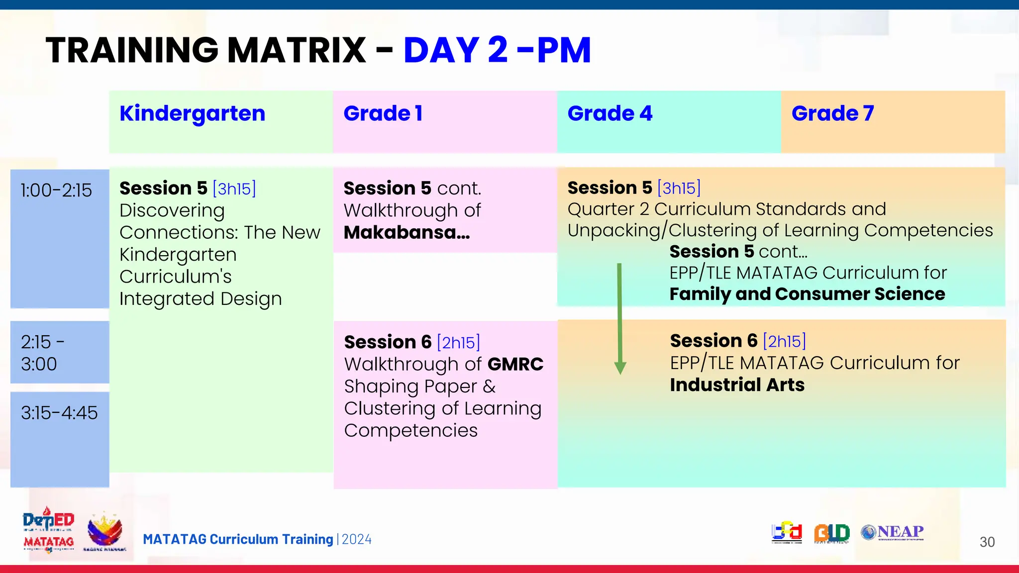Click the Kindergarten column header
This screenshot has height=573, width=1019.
[193, 114]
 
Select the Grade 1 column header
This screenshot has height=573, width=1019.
[383, 114]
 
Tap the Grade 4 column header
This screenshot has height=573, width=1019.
[610, 114]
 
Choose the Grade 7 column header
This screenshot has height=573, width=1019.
[832, 114]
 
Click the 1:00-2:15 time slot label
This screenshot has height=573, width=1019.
[56, 191]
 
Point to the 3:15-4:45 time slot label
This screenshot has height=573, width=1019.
[59, 413]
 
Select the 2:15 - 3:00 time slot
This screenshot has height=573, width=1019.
[42, 353]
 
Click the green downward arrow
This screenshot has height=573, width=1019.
[620, 318]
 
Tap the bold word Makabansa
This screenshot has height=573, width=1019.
[406, 233]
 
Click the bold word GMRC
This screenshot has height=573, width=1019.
[515, 365]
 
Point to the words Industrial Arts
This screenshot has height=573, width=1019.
[737, 385]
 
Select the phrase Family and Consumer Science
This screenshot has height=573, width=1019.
[807, 294]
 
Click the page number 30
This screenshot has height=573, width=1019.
[987, 542]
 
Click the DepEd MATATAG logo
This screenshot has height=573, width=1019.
[48, 530]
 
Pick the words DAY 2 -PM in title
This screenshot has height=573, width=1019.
[497, 51]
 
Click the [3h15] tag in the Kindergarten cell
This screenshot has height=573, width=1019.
[234, 189]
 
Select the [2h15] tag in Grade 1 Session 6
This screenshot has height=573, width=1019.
[458, 343]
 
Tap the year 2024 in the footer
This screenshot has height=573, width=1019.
[357, 540]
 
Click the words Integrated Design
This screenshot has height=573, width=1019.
[201, 299]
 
